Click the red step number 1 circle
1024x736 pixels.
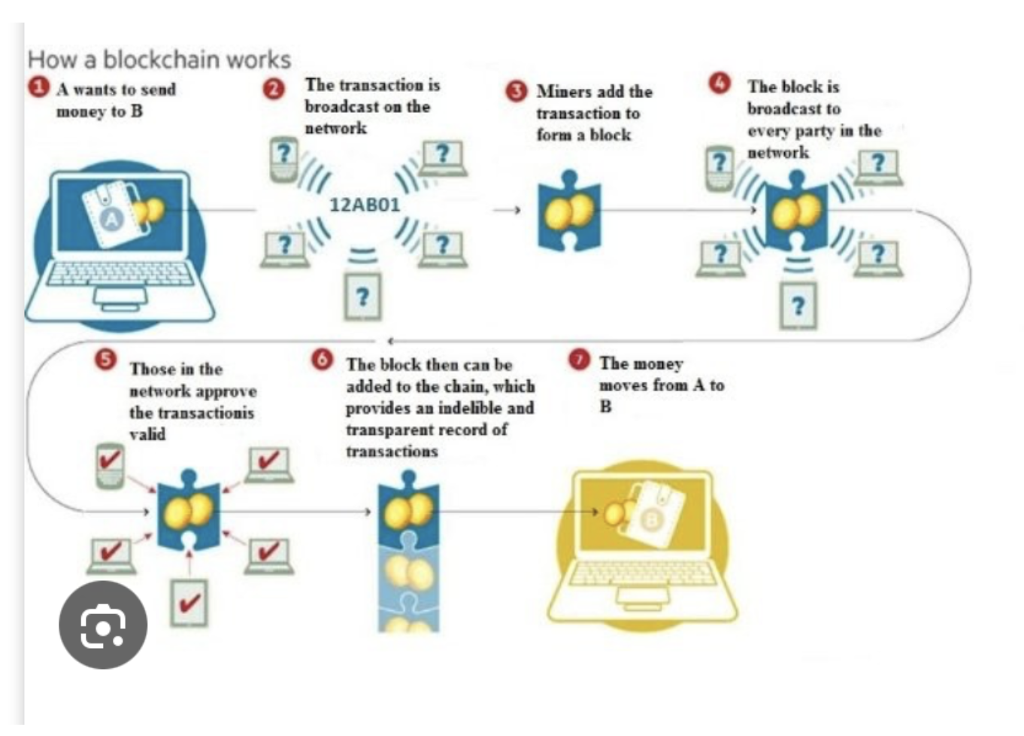click(x=38, y=87)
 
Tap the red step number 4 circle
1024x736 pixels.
click(x=720, y=83)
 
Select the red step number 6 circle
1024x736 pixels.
click(x=322, y=360)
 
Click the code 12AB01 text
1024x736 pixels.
click(x=365, y=205)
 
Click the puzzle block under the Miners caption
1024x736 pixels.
click(x=569, y=211)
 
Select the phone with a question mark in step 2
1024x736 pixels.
click(x=283, y=158)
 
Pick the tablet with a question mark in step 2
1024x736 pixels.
click(x=362, y=297)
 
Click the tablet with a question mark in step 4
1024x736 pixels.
click(x=798, y=306)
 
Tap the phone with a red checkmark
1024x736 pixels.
click(x=111, y=464)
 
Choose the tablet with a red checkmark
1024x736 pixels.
click(x=188, y=602)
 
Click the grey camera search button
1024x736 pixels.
click(x=103, y=625)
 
